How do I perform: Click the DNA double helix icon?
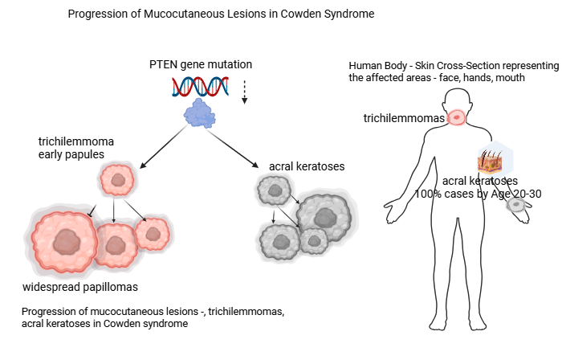point(200,87)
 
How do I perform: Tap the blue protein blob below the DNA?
point(200,113)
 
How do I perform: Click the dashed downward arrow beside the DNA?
point(244,92)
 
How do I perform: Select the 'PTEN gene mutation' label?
point(201,64)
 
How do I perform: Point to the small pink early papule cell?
point(117,179)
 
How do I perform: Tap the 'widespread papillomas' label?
point(80,287)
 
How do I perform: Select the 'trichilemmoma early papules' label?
point(76,148)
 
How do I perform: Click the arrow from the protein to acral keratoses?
point(232,149)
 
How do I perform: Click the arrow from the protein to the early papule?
point(164,147)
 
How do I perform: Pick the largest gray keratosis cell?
point(324,218)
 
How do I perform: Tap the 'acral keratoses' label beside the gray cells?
point(307,166)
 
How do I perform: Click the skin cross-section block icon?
point(490,162)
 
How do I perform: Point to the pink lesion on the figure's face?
point(457,117)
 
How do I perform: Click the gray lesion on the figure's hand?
point(516,204)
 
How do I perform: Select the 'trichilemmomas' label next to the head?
point(404,118)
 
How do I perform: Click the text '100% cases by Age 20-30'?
point(478,194)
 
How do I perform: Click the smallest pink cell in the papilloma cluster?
point(153,234)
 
